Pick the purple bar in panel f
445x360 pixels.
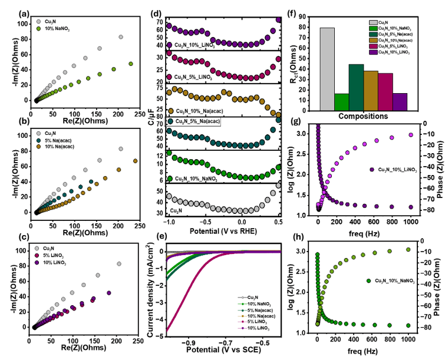pyautogui.click(x=400, y=102)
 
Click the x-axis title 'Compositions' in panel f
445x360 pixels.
pyautogui.click(x=363, y=117)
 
